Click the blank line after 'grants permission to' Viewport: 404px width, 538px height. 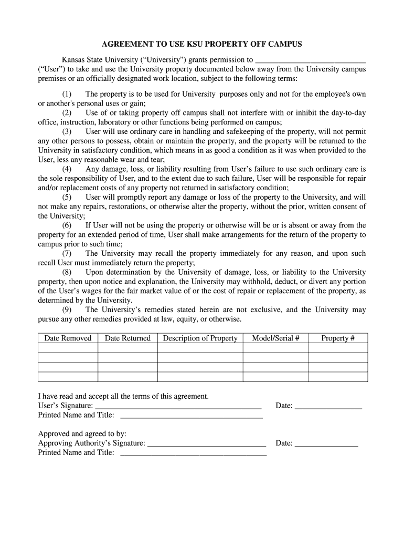tap(310, 61)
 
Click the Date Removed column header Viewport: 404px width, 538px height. tap(68, 338)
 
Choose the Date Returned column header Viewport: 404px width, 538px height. tap(127, 338)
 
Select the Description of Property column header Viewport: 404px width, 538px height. tap(200, 338)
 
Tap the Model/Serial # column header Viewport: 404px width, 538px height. tap(275, 338)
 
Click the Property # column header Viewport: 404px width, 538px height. tap(338, 338)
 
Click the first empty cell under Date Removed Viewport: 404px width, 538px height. tap(68, 348)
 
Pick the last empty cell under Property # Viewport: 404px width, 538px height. tap(338, 377)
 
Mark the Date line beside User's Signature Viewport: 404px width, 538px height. tap(328, 407)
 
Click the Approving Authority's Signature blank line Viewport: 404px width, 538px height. tap(207, 444)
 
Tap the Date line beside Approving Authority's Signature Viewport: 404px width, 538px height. tap(326, 444)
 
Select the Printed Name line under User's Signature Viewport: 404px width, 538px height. tap(192, 416)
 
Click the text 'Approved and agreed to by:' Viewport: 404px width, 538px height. tap(82, 433)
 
